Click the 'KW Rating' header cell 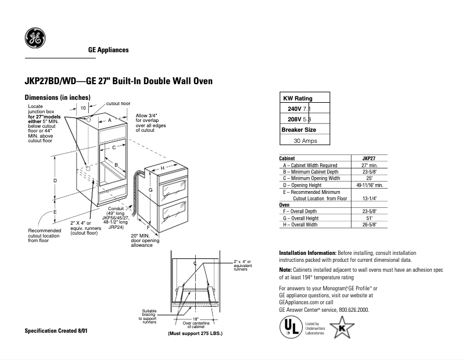(297, 98)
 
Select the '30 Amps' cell (304, 141)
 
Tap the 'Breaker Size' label (299, 130)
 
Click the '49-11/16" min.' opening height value (370, 185)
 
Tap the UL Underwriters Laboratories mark (289, 327)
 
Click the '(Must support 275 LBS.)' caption (195, 334)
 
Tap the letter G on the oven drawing (150, 190)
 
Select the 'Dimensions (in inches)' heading (57, 97)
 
